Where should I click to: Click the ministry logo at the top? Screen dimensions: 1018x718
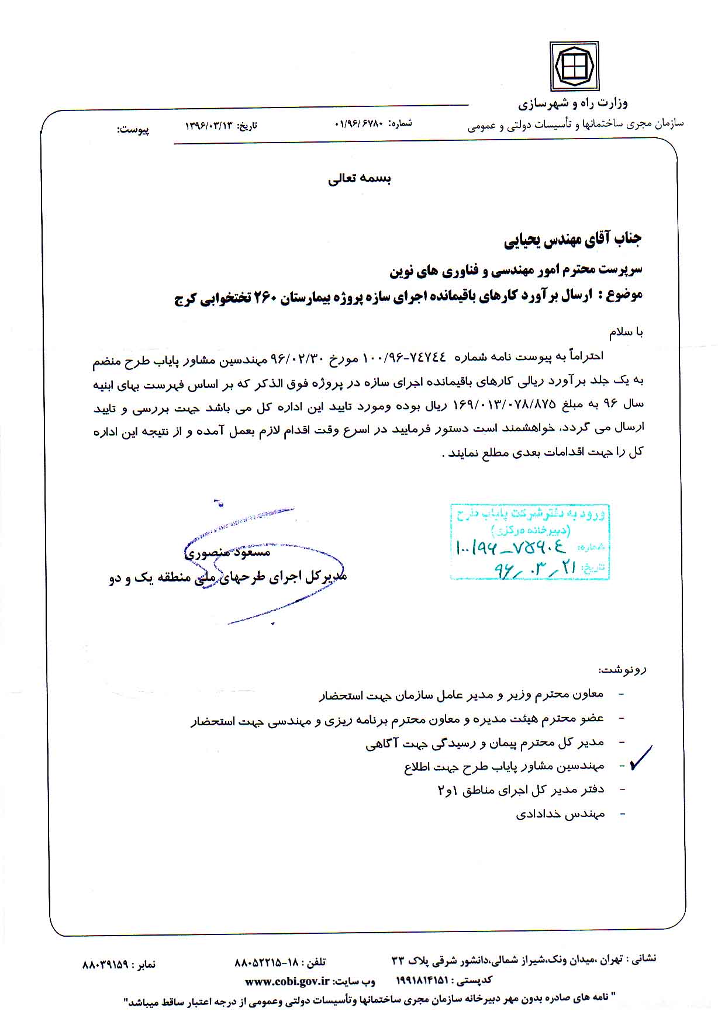tap(574, 66)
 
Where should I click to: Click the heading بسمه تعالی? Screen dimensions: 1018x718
tap(360, 179)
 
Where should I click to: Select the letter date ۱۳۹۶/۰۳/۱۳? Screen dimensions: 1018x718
tap(209, 126)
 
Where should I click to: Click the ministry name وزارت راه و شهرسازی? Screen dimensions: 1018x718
tap(573, 104)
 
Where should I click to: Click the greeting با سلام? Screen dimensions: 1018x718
tap(626, 333)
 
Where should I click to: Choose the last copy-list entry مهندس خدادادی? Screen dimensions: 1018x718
tap(560, 814)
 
